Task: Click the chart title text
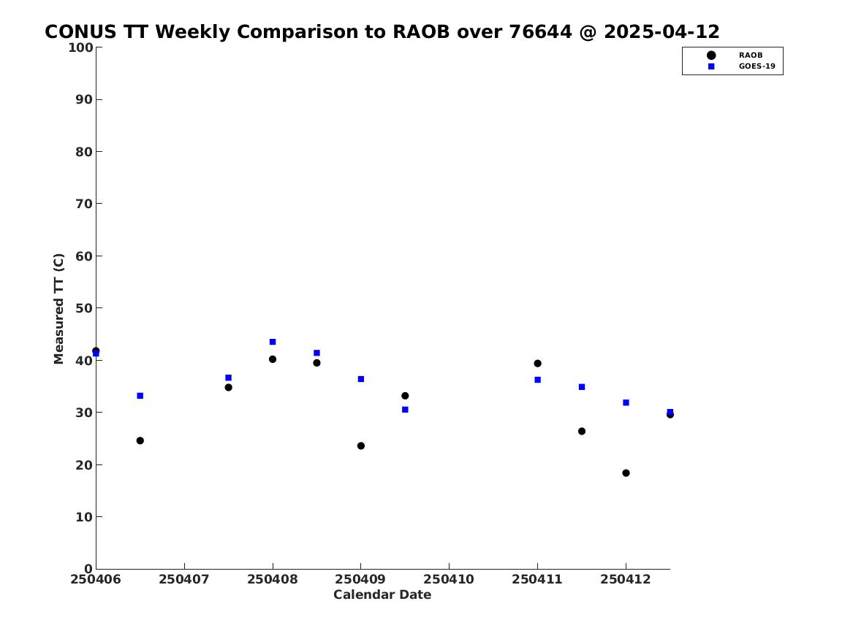pyautogui.click(x=382, y=31)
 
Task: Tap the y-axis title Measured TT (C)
pyautogui.click(x=58, y=309)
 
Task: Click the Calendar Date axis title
pyautogui.click(x=382, y=594)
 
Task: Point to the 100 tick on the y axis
pyautogui.click(x=80, y=47)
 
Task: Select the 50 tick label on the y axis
pyautogui.click(x=84, y=308)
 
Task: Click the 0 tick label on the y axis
pyautogui.click(x=88, y=569)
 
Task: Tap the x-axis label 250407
pyautogui.click(x=184, y=579)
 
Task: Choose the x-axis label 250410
pyautogui.click(x=449, y=579)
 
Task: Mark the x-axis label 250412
pyautogui.click(x=626, y=579)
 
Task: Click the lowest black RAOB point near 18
pyautogui.click(x=626, y=472)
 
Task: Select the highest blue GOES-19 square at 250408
pyautogui.click(x=273, y=342)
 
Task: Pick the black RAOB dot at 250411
pyautogui.click(x=537, y=363)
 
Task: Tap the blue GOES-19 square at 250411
pyautogui.click(x=537, y=380)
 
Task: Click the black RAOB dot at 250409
pyautogui.click(x=360, y=445)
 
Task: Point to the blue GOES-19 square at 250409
pyautogui.click(x=360, y=379)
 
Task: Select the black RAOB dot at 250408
pyautogui.click(x=273, y=359)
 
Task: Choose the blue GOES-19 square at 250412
pyautogui.click(x=626, y=402)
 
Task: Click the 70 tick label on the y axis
pyautogui.click(x=84, y=204)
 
